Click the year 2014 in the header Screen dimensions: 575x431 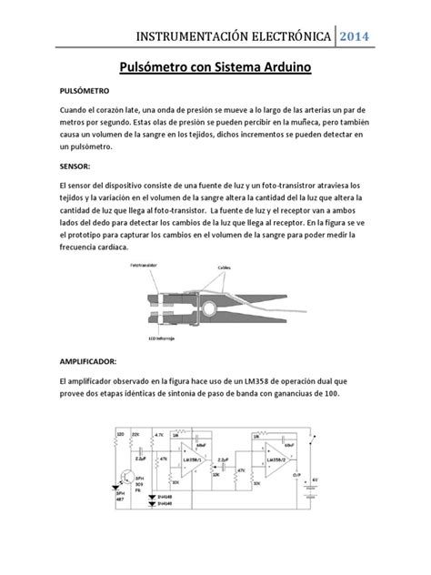point(356,36)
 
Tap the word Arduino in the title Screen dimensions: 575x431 point(278,67)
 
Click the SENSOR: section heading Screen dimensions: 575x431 point(75,167)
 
